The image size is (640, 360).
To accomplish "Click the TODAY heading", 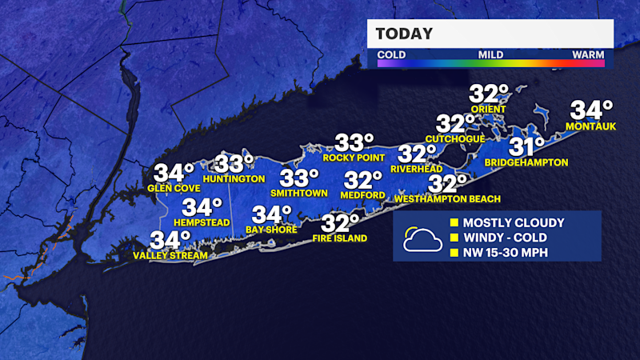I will click(x=405, y=34).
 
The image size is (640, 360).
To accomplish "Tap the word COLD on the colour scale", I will click(x=391, y=55).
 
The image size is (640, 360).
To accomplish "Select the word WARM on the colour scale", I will click(x=587, y=55).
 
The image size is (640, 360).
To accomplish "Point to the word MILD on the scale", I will click(x=491, y=55).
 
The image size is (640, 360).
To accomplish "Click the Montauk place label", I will click(x=589, y=126).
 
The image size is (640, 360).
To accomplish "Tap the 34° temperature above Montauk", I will click(x=590, y=110).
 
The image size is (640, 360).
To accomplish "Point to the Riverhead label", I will click(x=417, y=169).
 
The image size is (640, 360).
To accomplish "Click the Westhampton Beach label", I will click(x=447, y=198).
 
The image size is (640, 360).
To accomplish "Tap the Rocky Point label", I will click(x=350, y=158).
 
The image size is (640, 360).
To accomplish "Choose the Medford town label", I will click(x=362, y=194).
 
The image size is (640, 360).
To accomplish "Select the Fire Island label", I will click(x=340, y=238).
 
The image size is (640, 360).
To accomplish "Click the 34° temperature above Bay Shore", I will click(x=272, y=214).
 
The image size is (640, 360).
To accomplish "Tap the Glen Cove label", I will click(x=173, y=189).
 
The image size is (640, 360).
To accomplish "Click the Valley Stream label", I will click(x=170, y=255).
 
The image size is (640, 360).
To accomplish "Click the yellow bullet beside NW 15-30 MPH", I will click(x=454, y=254).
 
